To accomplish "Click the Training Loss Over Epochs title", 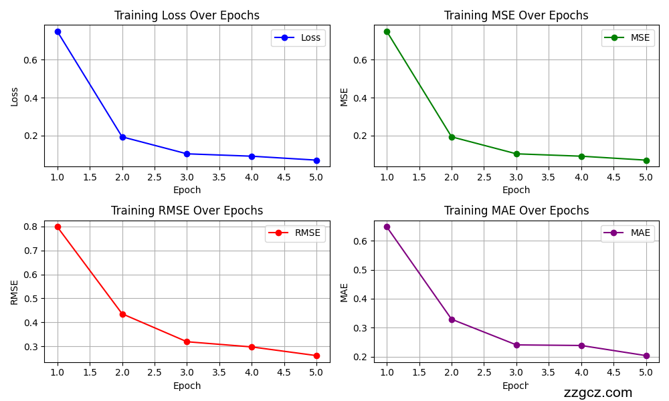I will coord(187,15).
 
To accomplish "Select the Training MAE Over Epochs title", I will coord(516,211).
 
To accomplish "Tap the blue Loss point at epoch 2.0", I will coord(122,137).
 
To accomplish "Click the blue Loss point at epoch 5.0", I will coord(316,160).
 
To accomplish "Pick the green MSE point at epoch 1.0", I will coord(387,31).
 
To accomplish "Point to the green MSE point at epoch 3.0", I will coord(516,154).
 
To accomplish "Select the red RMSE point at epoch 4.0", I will coord(252,347).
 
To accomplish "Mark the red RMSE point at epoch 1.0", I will coord(58,227).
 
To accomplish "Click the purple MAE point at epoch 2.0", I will coord(452,319).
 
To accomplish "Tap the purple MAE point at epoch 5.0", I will coord(646,356).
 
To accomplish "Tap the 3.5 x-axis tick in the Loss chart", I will coord(219,177).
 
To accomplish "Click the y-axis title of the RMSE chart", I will coord(15,292).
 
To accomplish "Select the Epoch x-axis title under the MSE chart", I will coord(516,190).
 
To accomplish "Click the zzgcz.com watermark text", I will coord(597,393).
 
